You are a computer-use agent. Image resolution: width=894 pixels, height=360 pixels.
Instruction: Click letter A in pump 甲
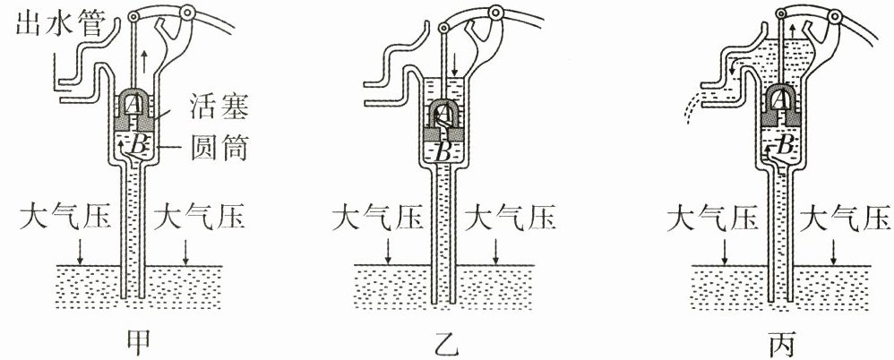134,105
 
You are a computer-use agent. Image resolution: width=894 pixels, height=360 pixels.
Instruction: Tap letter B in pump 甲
140,143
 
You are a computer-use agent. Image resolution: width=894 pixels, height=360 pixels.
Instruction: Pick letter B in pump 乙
443,150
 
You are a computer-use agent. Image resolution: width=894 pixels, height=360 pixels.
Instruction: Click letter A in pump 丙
781,98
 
